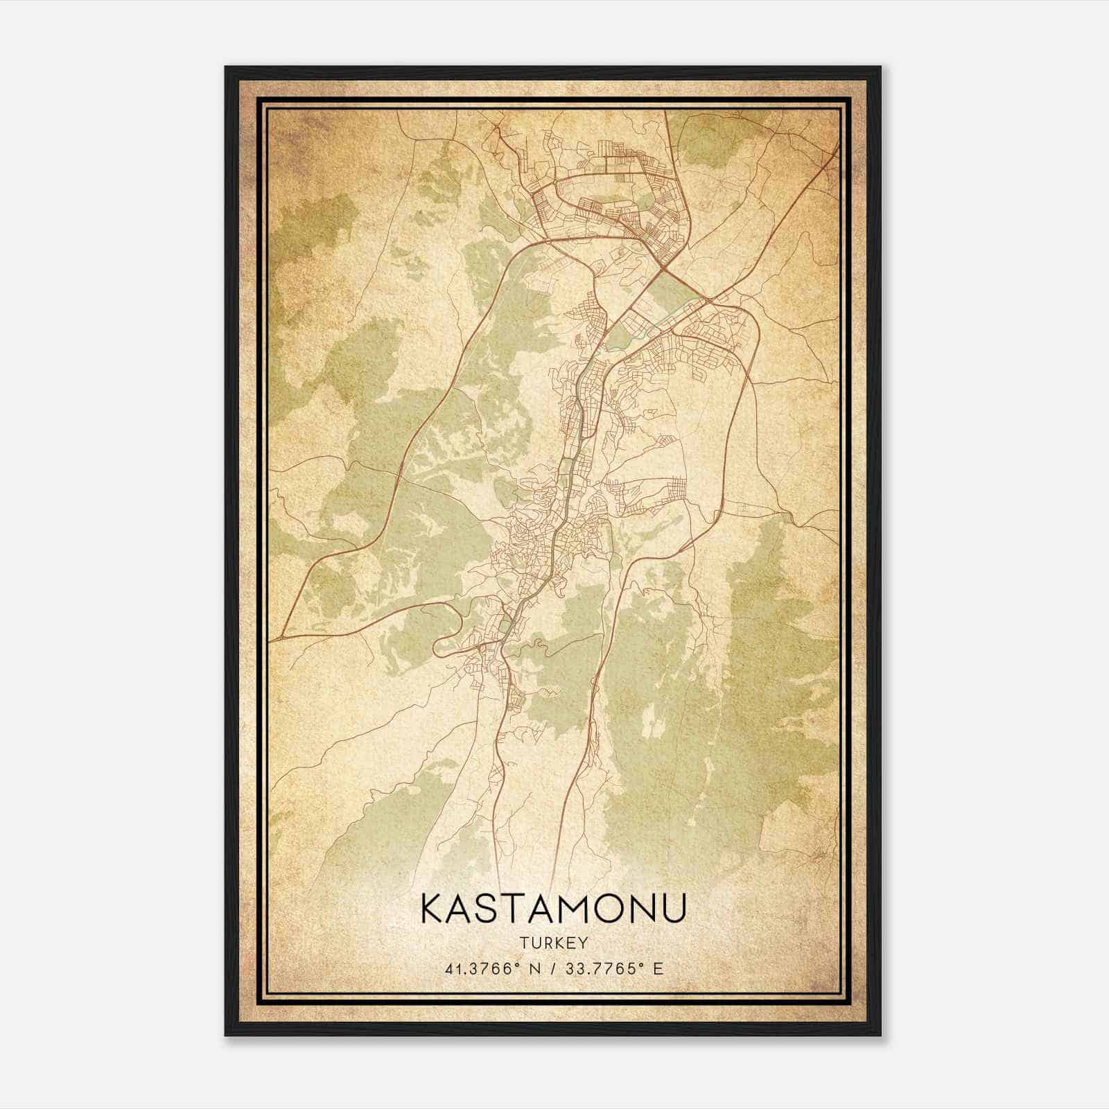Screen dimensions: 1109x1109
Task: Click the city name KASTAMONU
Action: point(554,909)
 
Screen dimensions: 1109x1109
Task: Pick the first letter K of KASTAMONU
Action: point(433,909)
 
